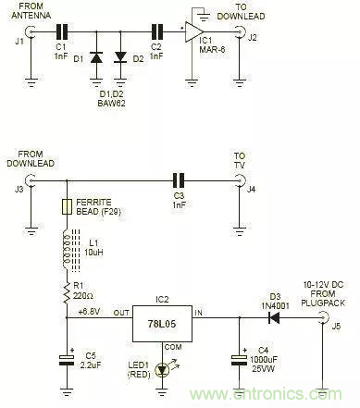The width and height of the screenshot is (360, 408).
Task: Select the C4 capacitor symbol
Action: point(238,359)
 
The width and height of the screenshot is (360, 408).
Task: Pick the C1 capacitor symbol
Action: point(61,33)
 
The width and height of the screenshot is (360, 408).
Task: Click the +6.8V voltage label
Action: point(89,309)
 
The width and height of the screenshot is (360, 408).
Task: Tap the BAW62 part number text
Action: point(107,95)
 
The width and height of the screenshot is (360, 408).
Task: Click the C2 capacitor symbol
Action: point(155,33)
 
